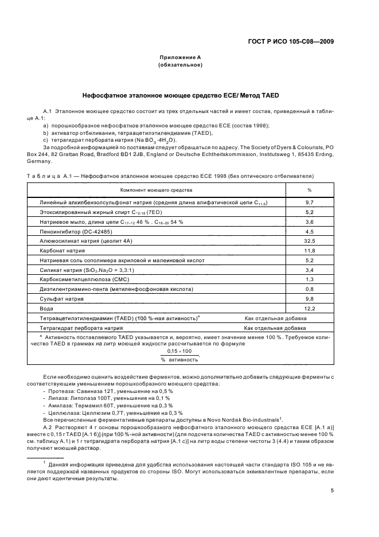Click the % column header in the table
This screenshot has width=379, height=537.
(310, 189)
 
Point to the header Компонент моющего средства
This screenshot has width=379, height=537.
(156, 189)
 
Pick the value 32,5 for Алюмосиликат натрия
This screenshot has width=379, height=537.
(310, 242)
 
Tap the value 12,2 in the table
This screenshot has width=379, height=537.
(310, 308)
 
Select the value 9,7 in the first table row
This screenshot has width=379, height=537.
(310, 203)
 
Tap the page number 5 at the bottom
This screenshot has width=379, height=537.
(333, 490)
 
